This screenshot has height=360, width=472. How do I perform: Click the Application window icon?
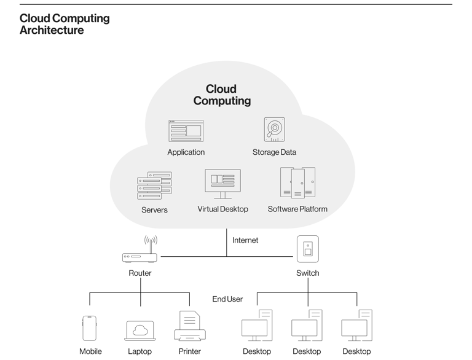click(x=186, y=130)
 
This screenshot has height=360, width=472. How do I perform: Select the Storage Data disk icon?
click(x=274, y=130)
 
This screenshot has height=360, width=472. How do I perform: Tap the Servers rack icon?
click(x=154, y=186)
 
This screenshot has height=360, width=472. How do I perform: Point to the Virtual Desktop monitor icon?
click(x=222, y=183)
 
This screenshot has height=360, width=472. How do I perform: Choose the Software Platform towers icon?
click(x=297, y=182)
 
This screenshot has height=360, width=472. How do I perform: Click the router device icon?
click(x=140, y=257)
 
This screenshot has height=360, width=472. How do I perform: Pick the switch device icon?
click(x=307, y=249)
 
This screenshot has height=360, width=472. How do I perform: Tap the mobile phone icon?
click(x=90, y=328)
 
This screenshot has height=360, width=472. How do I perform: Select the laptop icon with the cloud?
click(x=140, y=331)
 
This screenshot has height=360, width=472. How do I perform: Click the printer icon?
click(x=189, y=326)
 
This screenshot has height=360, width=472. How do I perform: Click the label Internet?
click(x=245, y=240)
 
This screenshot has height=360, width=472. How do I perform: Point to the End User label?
click(x=227, y=299)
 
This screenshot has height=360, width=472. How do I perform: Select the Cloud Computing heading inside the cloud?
click(x=222, y=95)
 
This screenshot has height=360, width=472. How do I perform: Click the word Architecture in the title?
click(x=52, y=30)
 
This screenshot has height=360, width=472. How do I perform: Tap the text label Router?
click(x=140, y=273)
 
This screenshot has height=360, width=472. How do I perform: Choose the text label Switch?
click(x=307, y=273)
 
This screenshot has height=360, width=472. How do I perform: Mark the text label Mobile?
click(x=90, y=351)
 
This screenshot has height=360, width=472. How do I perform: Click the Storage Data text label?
click(x=274, y=152)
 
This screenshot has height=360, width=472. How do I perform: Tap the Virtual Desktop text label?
click(x=222, y=209)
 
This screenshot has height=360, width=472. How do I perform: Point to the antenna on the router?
click(x=151, y=241)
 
